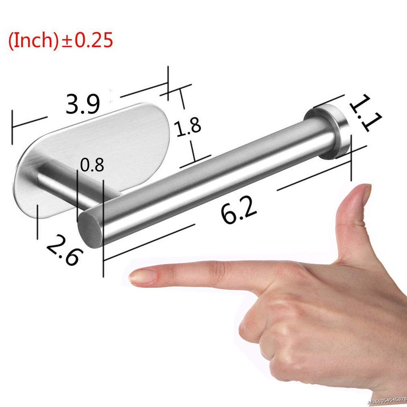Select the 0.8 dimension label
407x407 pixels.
[x=92, y=166]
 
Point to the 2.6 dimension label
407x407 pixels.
[x=64, y=250]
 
